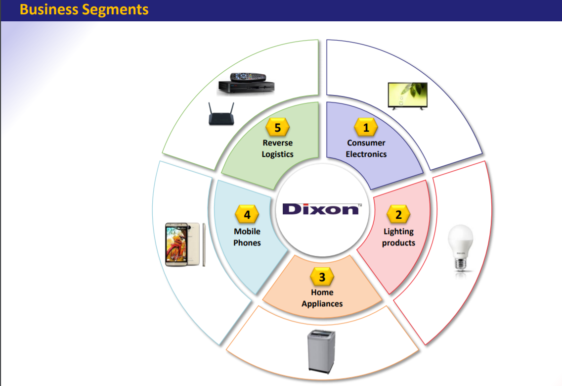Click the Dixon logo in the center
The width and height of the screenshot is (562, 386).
coord(322,209)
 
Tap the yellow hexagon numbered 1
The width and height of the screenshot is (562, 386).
coord(366,128)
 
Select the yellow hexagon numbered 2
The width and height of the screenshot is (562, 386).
coord(398,215)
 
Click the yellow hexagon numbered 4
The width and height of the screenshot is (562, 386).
coord(247,215)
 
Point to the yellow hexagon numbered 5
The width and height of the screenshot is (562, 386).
coord(277,128)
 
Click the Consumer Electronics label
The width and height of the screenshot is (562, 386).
coord(366,148)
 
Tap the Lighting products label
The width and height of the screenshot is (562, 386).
coord(398,237)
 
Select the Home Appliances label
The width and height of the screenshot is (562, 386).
coord(322,298)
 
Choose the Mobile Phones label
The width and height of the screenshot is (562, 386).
coord(247,237)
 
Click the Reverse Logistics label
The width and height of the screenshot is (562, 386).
coord(277,148)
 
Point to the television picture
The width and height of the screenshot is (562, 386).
coord(408,96)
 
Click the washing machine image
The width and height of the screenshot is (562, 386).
coord(321,350)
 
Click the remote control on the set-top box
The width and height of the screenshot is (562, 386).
coord(249,77)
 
